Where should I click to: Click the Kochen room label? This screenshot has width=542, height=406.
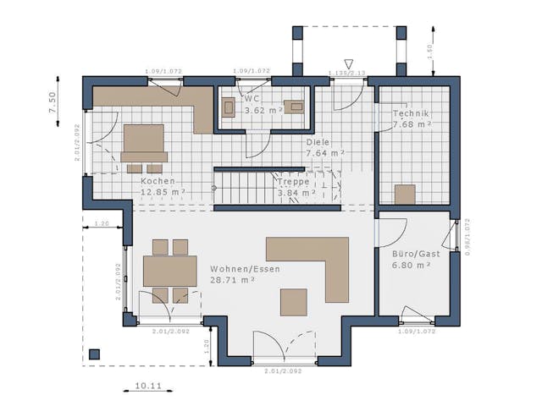(x=158, y=181)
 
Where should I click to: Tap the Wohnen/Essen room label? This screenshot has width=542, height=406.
(x=245, y=269)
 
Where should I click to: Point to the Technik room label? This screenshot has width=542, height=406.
(x=411, y=114)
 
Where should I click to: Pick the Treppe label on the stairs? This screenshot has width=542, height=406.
(x=292, y=181)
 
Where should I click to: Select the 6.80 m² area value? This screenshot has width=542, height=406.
(x=412, y=265)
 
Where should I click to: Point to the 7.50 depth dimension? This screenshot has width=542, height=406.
(x=52, y=102)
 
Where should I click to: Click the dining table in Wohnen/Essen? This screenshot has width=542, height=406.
(x=169, y=271)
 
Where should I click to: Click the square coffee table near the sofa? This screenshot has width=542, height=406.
(x=295, y=302)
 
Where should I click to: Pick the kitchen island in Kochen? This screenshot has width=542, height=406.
(x=144, y=139)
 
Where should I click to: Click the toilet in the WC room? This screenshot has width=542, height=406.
(x=229, y=107)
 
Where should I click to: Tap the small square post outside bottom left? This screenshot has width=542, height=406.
(x=94, y=354)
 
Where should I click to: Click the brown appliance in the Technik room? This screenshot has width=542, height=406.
(x=405, y=195)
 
